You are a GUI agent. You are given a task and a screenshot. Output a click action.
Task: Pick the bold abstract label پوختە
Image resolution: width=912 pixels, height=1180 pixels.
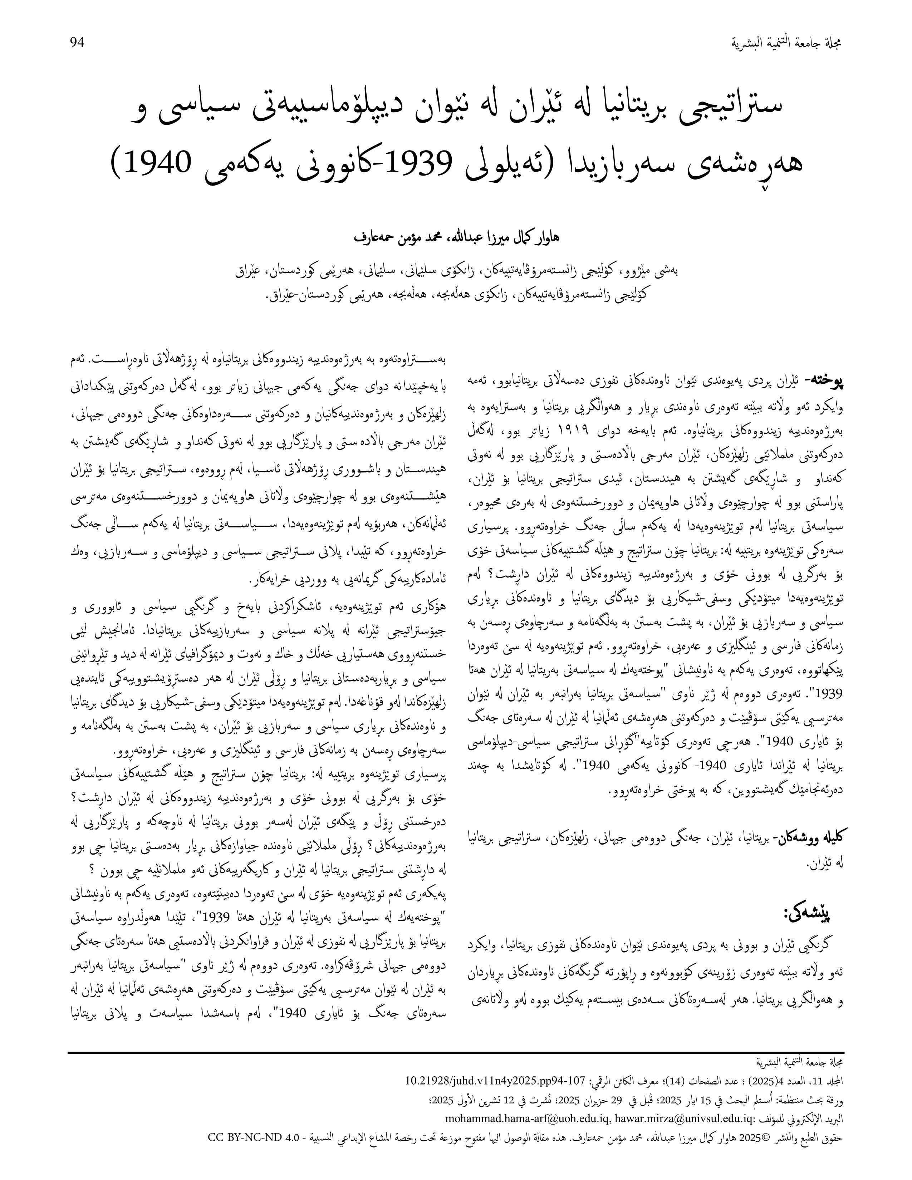823,382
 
